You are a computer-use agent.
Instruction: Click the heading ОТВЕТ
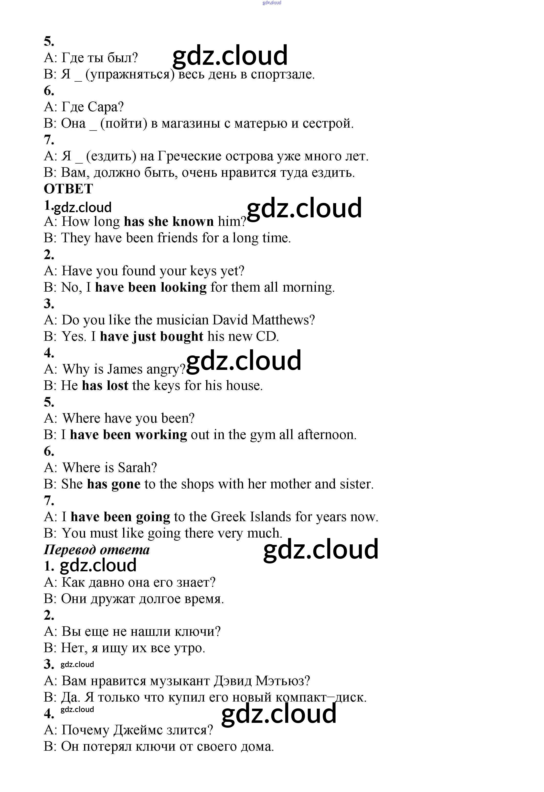click(68, 189)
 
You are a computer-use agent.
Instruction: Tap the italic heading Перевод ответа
click(97, 550)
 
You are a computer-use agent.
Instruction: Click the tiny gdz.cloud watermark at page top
click(272, 3)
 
